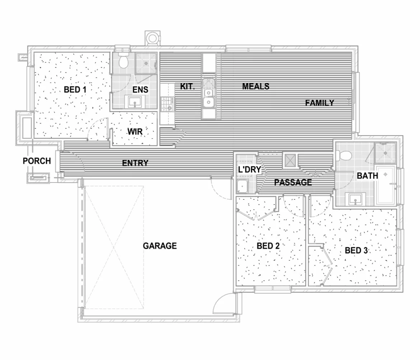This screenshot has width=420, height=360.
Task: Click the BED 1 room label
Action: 75,89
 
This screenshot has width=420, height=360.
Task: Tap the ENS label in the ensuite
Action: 140,89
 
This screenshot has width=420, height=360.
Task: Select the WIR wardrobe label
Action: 135,132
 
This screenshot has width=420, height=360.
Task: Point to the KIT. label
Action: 187,86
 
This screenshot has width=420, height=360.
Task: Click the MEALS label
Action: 256,86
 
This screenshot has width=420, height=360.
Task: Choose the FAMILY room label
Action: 319,103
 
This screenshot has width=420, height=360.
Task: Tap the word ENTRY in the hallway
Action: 135,163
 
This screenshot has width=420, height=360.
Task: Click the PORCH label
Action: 37,161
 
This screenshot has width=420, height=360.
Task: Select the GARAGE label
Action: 160,246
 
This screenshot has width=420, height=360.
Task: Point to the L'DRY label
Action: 249,170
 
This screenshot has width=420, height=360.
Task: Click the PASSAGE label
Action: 293,183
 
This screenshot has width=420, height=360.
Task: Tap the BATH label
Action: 367,176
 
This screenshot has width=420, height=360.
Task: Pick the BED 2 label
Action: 268,246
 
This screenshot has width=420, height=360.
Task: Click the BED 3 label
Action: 356,250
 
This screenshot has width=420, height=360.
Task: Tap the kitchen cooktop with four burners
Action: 167,104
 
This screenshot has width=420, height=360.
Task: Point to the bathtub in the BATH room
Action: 385,185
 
